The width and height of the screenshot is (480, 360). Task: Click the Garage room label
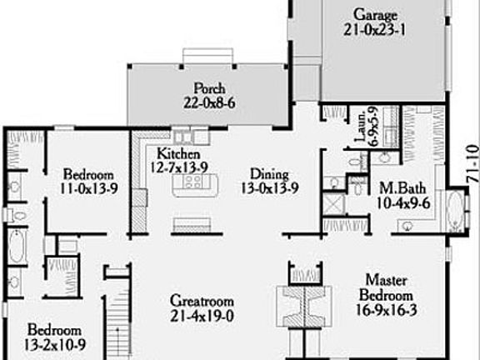pos(373,15)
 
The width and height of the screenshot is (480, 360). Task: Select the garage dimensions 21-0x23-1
pos(373,30)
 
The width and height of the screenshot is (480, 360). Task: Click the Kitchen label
pos(178,154)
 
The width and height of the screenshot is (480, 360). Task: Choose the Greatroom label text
pos(201,301)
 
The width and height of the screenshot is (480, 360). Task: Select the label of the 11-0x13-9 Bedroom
pos(88,174)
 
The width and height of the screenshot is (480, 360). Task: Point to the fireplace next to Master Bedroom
pos(301,305)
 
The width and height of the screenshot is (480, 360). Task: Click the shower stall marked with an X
pos(333,202)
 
